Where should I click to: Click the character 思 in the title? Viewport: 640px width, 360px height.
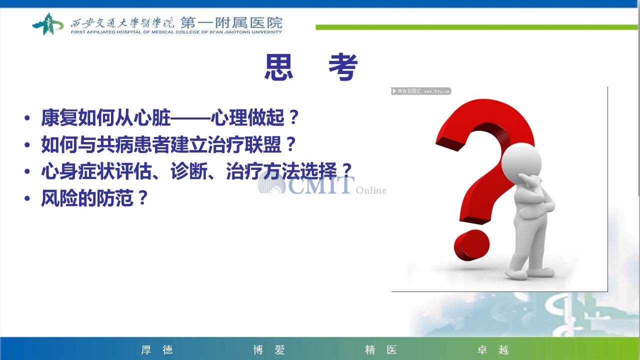278,67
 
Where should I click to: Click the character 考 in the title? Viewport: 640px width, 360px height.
343,67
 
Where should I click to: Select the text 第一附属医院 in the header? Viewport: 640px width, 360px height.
231,22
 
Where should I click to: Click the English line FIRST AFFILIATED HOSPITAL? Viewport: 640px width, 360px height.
176,32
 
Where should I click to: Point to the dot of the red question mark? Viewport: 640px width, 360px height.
471,245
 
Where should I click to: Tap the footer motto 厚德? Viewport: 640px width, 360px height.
157,349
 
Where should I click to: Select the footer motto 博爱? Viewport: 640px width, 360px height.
269,349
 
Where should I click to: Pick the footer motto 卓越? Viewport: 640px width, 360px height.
493,349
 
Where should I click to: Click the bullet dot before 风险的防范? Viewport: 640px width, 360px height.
27,198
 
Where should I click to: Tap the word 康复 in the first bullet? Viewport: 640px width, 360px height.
59,117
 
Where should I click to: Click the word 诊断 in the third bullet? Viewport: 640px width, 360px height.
189,171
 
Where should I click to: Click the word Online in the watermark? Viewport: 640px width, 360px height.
371,190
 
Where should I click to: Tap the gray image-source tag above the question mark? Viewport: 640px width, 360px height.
421,91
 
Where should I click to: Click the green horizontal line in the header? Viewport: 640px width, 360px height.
476,27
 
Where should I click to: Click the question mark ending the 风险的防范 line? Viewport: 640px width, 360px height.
142,197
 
